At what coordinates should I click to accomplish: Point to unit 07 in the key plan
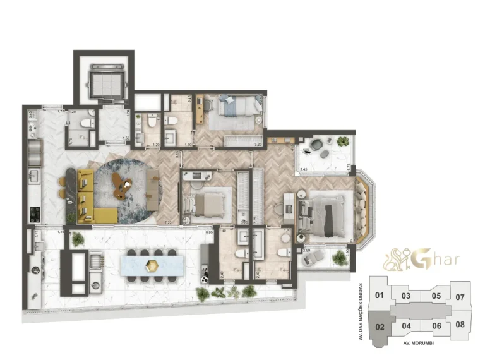coord(460,297)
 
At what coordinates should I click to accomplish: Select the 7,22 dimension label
coord(168,222)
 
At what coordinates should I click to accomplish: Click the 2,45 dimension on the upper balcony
coord(303,169)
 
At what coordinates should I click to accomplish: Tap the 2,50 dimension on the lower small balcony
coord(307,251)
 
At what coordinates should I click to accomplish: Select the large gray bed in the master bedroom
coord(324,213)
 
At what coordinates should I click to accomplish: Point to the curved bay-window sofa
coord(362,208)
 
